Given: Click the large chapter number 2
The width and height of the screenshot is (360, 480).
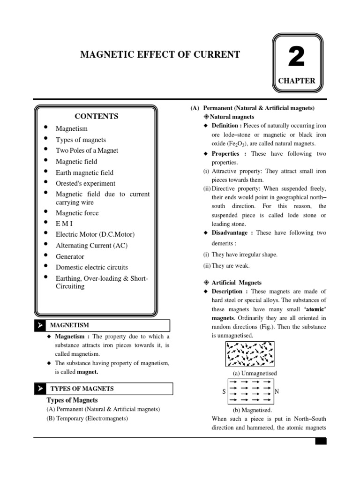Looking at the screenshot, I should [296, 58].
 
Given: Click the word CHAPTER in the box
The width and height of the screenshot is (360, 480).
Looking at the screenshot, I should [297, 81].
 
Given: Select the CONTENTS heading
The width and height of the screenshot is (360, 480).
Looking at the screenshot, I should [97, 116].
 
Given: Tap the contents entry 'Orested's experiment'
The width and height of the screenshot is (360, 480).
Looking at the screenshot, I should [85, 183].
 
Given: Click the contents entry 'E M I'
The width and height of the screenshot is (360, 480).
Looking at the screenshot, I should [64, 224].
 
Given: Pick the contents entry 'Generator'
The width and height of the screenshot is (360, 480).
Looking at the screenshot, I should [70, 256].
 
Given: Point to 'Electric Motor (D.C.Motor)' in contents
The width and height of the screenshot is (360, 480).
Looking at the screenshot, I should [95, 234].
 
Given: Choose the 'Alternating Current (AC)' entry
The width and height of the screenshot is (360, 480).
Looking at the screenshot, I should [91, 246].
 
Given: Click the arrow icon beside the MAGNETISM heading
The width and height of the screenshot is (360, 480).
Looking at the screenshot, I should [41, 325].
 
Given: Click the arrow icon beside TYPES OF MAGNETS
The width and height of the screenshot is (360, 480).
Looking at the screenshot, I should [41, 389].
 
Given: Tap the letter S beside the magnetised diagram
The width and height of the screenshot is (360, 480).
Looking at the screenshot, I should [224, 391].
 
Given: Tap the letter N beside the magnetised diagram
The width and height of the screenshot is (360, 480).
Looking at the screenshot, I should [277, 391].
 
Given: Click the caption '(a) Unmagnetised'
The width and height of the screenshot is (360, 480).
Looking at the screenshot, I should [255, 373].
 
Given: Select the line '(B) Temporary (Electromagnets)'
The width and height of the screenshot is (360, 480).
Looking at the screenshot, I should [87, 418].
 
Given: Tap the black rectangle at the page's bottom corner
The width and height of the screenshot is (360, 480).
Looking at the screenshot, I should [321, 441].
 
